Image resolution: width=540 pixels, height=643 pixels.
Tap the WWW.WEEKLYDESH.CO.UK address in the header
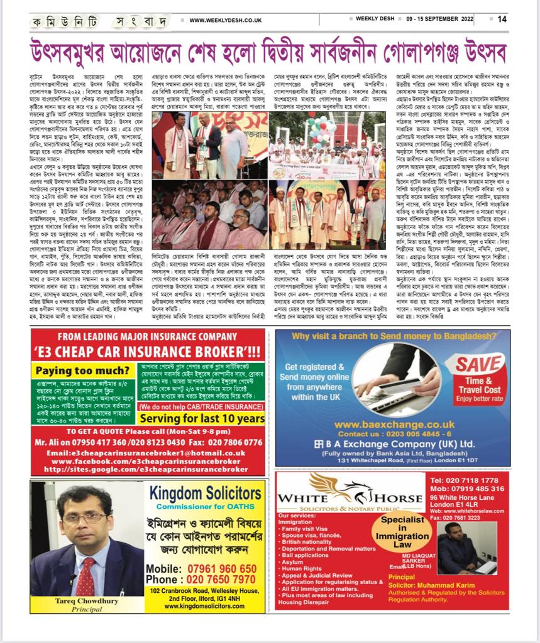(224, 20)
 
